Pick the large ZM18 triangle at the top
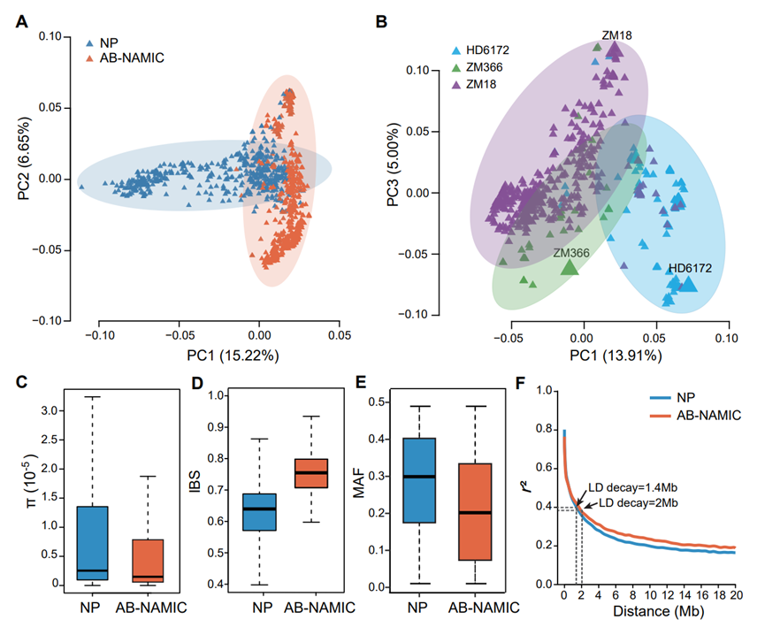coord(616,51)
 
